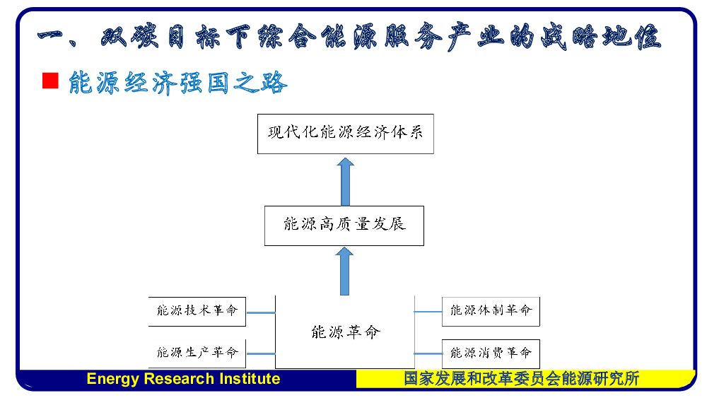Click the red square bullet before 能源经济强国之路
(49, 81)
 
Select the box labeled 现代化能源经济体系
(345, 132)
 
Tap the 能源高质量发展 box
(344, 226)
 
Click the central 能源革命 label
(345, 332)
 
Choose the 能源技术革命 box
(197, 311)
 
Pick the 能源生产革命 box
(197, 352)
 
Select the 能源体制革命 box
(491, 311)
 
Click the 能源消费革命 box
(491, 352)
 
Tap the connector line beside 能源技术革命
(260, 312)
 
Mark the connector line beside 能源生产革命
(260, 352)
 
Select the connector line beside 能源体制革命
(428, 312)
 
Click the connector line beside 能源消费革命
(428, 352)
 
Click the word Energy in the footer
(112, 379)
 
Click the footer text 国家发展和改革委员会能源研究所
(522, 379)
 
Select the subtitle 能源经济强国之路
(178, 83)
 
